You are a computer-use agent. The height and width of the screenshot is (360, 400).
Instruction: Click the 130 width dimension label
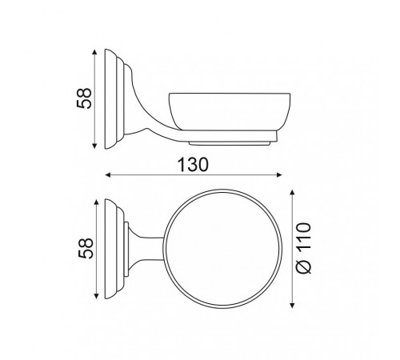tap(193, 165)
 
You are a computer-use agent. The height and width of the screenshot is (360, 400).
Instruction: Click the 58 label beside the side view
tap(84, 98)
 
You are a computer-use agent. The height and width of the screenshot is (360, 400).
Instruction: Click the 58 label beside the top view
tap(86, 248)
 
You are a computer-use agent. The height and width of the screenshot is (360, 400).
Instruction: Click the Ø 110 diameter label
tap(304, 248)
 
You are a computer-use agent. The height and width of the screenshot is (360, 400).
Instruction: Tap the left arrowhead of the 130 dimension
tap(108, 175)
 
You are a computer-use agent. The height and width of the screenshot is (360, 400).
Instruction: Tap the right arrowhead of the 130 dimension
tap(279, 175)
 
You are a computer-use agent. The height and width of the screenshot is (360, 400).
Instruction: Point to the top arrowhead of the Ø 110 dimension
tap(292, 193)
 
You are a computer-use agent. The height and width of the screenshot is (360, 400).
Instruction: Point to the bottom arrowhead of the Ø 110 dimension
tap(292, 305)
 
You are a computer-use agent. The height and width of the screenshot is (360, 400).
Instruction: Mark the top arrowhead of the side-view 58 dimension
tap(94, 52)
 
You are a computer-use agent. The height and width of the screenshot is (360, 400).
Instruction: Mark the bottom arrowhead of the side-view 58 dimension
tap(94, 146)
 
